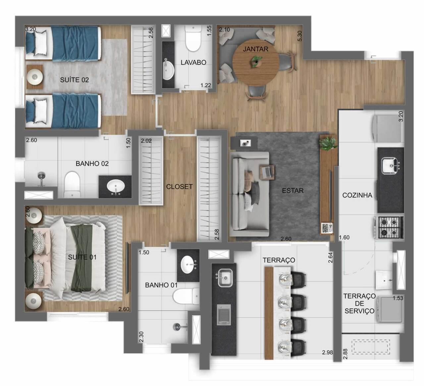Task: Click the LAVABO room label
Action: (x=193, y=62)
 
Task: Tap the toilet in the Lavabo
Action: (x=193, y=39)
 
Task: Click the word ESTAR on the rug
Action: (x=292, y=191)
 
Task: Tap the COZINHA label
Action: (x=357, y=195)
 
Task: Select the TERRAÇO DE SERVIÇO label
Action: (x=359, y=303)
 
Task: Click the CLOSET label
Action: (x=179, y=187)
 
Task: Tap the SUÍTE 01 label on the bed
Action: (x=82, y=257)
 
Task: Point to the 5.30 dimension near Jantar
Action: (x=300, y=36)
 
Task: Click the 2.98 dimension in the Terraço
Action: (x=327, y=352)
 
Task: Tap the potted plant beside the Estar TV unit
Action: (x=328, y=143)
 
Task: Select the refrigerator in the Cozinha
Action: (x=388, y=128)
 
